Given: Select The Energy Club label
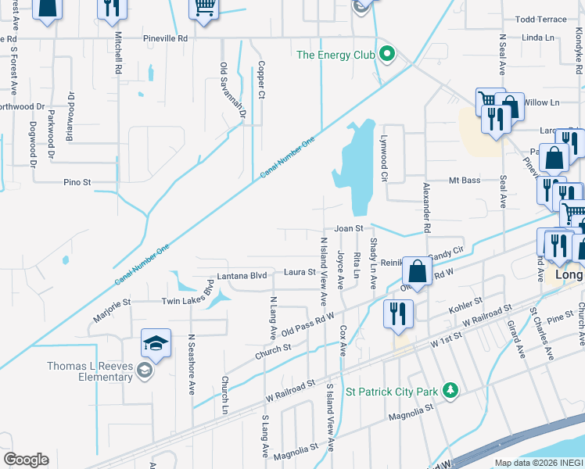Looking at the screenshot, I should point(336,55).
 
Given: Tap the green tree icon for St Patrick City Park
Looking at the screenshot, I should point(450,389).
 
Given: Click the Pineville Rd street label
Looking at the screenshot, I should point(166,38).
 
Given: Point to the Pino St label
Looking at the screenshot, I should point(77,182).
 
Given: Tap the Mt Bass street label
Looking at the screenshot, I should point(464,181).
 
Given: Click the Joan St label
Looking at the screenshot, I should point(350,228).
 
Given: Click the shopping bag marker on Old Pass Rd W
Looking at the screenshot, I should point(418,273).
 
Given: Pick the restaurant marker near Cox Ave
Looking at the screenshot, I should point(398,314).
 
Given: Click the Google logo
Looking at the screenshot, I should point(26,460).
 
